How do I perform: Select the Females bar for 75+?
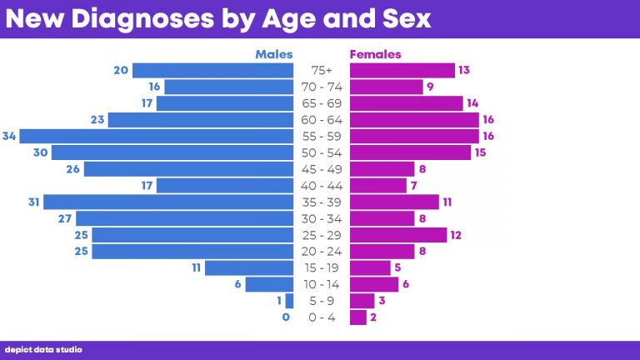click(x=402, y=70)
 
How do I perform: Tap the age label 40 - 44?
click(x=321, y=185)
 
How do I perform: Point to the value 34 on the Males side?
click(x=10, y=136)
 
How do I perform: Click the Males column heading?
click(x=274, y=54)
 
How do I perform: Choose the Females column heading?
click(x=375, y=54)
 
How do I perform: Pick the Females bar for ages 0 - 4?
click(x=358, y=317)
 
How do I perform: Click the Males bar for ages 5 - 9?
click(x=289, y=301)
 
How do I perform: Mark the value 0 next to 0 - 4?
click(x=286, y=317)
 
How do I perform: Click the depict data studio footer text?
click(x=43, y=350)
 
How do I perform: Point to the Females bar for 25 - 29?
click(x=398, y=235)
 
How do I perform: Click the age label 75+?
click(x=322, y=70)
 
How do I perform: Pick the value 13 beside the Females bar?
click(x=464, y=70)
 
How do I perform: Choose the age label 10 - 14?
click(x=321, y=284)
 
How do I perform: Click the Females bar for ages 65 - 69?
click(x=406, y=103)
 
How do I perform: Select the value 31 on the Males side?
click(x=33, y=202)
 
